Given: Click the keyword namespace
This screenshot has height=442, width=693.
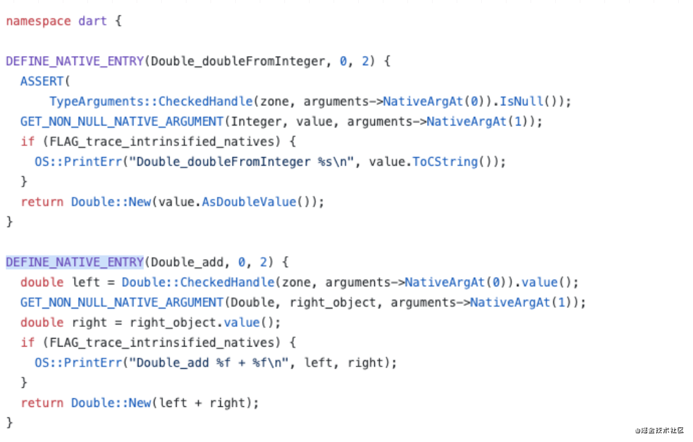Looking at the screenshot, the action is pyautogui.click(x=38, y=21).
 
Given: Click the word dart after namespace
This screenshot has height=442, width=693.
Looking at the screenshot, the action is pyautogui.click(x=92, y=21).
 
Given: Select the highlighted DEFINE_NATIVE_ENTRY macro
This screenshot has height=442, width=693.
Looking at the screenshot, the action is pyautogui.click(x=74, y=262).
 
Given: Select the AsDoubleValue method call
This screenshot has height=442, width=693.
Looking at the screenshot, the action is pyautogui.click(x=249, y=202).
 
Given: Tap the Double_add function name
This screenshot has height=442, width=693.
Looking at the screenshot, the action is pyautogui.click(x=187, y=262).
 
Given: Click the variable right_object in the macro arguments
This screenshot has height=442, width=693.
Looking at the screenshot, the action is pyautogui.click(x=333, y=302).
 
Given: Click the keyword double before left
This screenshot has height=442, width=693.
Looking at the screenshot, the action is pyautogui.click(x=42, y=283).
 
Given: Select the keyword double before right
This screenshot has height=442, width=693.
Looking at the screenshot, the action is pyautogui.click(x=42, y=323).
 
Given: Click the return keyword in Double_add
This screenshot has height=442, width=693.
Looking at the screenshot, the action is pyautogui.click(x=42, y=403).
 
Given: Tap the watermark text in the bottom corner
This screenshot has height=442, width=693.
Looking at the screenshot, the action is pyautogui.click(x=659, y=430).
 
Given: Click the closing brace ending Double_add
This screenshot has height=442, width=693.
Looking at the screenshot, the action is pyautogui.click(x=9, y=422).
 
